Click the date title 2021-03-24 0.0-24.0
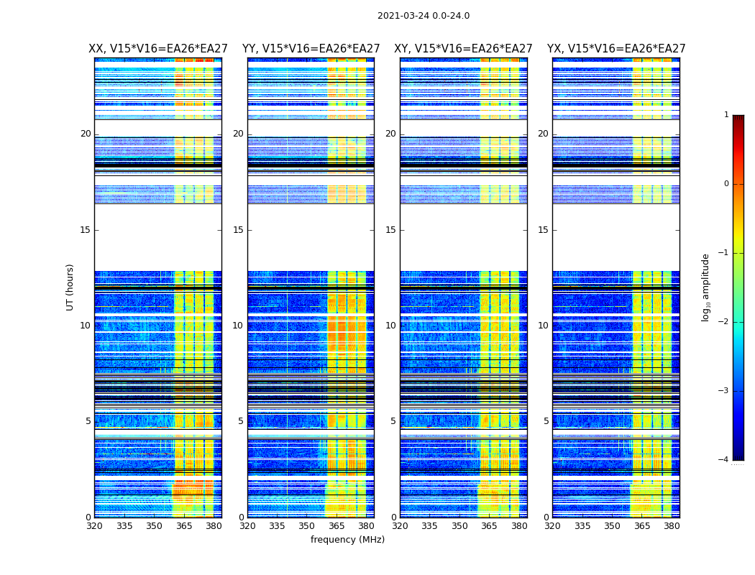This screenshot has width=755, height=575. click(424, 16)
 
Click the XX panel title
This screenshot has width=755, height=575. click(158, 49)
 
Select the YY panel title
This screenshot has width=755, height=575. click(311, 49)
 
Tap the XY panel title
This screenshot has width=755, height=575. click(463, 49)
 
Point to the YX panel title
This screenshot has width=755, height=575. click(616, 49)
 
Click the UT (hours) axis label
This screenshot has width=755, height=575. click(70, 287)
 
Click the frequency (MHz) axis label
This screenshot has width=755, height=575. click(347, 540)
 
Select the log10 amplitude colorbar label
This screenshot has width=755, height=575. click(706, 287)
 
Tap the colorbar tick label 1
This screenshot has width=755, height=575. click(726, 115)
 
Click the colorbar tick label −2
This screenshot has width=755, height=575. click(724, 322)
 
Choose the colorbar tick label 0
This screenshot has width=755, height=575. click(726, 184)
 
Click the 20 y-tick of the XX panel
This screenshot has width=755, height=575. click(86, 134)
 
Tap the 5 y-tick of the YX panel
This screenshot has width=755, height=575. click(546, 421)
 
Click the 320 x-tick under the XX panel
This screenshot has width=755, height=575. click(94, 525)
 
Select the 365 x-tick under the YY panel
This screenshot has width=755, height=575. click(337, 525)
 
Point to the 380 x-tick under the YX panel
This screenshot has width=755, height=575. click(672, 525)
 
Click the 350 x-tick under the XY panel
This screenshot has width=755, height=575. click(459, 525)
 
